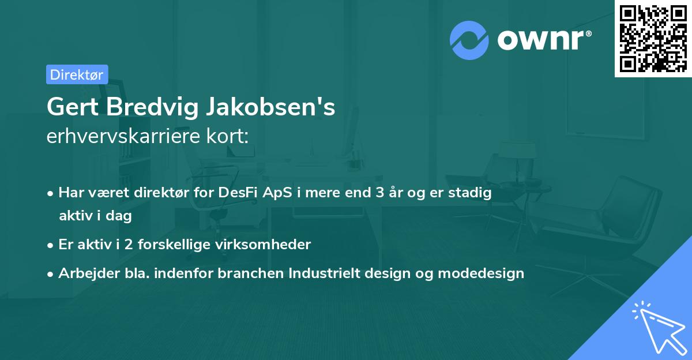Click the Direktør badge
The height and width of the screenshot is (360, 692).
coord(76,74)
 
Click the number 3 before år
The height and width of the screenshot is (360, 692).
coord(379,193)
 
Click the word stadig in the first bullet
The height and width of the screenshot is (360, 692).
coord(472,193)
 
